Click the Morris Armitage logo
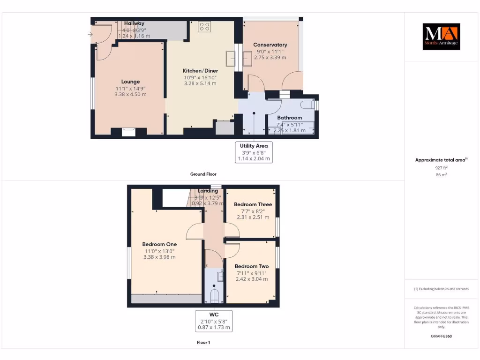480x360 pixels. click(441, 37)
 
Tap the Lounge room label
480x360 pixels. click(130, 82)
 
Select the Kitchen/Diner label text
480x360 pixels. click(200, 71)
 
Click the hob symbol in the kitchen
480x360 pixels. click(204, 26)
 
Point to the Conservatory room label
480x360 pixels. click(270, 45)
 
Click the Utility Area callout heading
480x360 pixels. click(254, 146)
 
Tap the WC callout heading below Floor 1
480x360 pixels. click(214, 314)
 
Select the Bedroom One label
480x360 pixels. click(159, 244)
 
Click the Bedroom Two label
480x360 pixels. click(252, 266)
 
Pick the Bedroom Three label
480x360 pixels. click(253, 204)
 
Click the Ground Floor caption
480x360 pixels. click(203, 174)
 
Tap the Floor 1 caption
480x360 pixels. click(203, 343)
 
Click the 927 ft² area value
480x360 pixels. click(441, 167)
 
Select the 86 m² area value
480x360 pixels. click(441, 174)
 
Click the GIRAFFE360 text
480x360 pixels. click(441, 336)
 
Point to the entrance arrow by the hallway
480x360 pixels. click(90, 34)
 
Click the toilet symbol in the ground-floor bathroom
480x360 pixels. click(308, 105)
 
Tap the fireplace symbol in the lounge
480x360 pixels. click(128, 132)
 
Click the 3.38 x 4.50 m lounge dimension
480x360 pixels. click(130, 94)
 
